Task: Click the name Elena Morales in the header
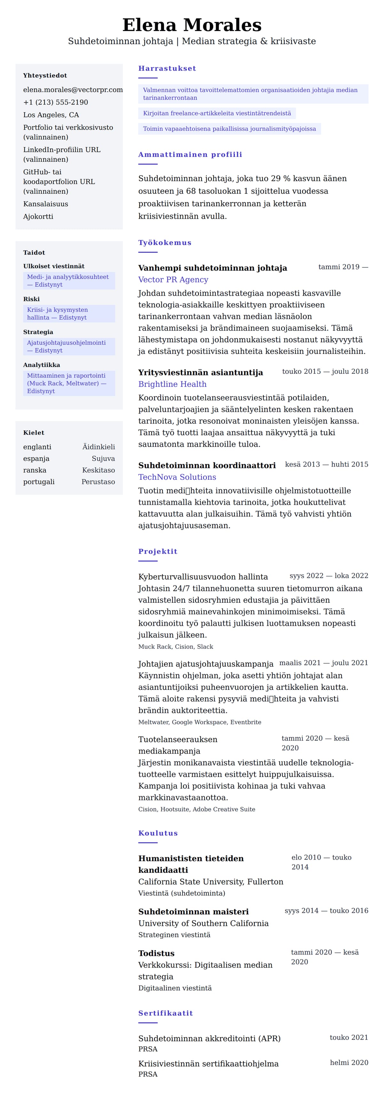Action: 192,25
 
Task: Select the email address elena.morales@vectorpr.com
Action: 73,90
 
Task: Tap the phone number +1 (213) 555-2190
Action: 56,102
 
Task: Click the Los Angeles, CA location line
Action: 51,115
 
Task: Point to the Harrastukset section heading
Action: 167,69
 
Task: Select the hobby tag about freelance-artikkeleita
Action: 217,113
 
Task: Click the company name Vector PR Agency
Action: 173,280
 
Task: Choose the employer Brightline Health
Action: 172,384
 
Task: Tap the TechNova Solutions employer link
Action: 177,477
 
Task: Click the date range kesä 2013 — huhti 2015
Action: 326,464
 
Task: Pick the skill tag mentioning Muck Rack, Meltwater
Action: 69,383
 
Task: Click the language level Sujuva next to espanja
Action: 103,459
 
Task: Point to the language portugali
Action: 39,482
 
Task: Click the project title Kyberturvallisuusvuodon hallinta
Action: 203,577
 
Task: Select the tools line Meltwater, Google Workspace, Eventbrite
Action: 199,722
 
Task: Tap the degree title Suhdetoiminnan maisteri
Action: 193,912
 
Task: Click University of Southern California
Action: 203,923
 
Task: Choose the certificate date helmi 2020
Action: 349,1063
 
